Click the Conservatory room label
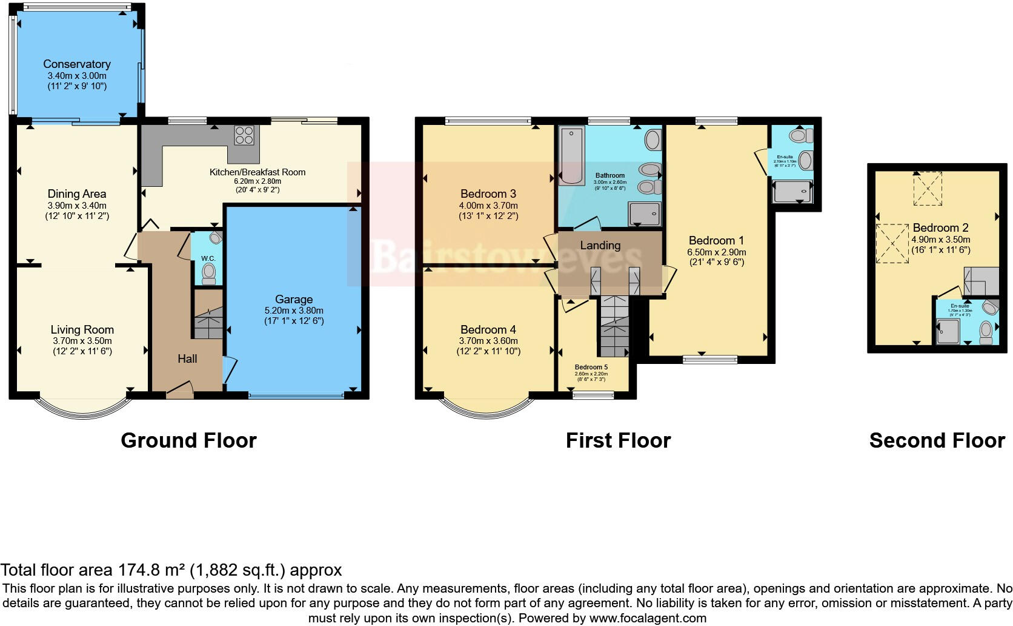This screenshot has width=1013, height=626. click(76, 64)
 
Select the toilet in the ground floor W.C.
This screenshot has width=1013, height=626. click(208, 272)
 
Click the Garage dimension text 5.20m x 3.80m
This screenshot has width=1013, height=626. click(294, 310)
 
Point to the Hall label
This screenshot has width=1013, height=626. click(187, 358)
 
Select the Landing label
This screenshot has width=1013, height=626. click(600, 245)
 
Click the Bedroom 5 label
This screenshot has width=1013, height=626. click(591, 367)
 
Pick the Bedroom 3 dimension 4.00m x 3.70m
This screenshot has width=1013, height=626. click(488, 206)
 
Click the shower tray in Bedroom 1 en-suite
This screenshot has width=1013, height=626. click(791, 193)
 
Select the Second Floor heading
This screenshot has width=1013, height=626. click(937, 440)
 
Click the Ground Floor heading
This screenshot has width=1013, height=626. click(188, 440)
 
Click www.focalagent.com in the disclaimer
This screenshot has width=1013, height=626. click(647, 618)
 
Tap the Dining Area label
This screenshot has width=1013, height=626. click(76, 194)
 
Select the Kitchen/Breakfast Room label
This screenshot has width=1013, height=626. click(257, 172)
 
